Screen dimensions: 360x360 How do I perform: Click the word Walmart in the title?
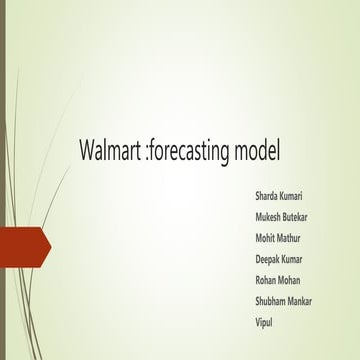(x=110, y=152)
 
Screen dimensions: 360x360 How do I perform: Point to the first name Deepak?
(x=270, y=260)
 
